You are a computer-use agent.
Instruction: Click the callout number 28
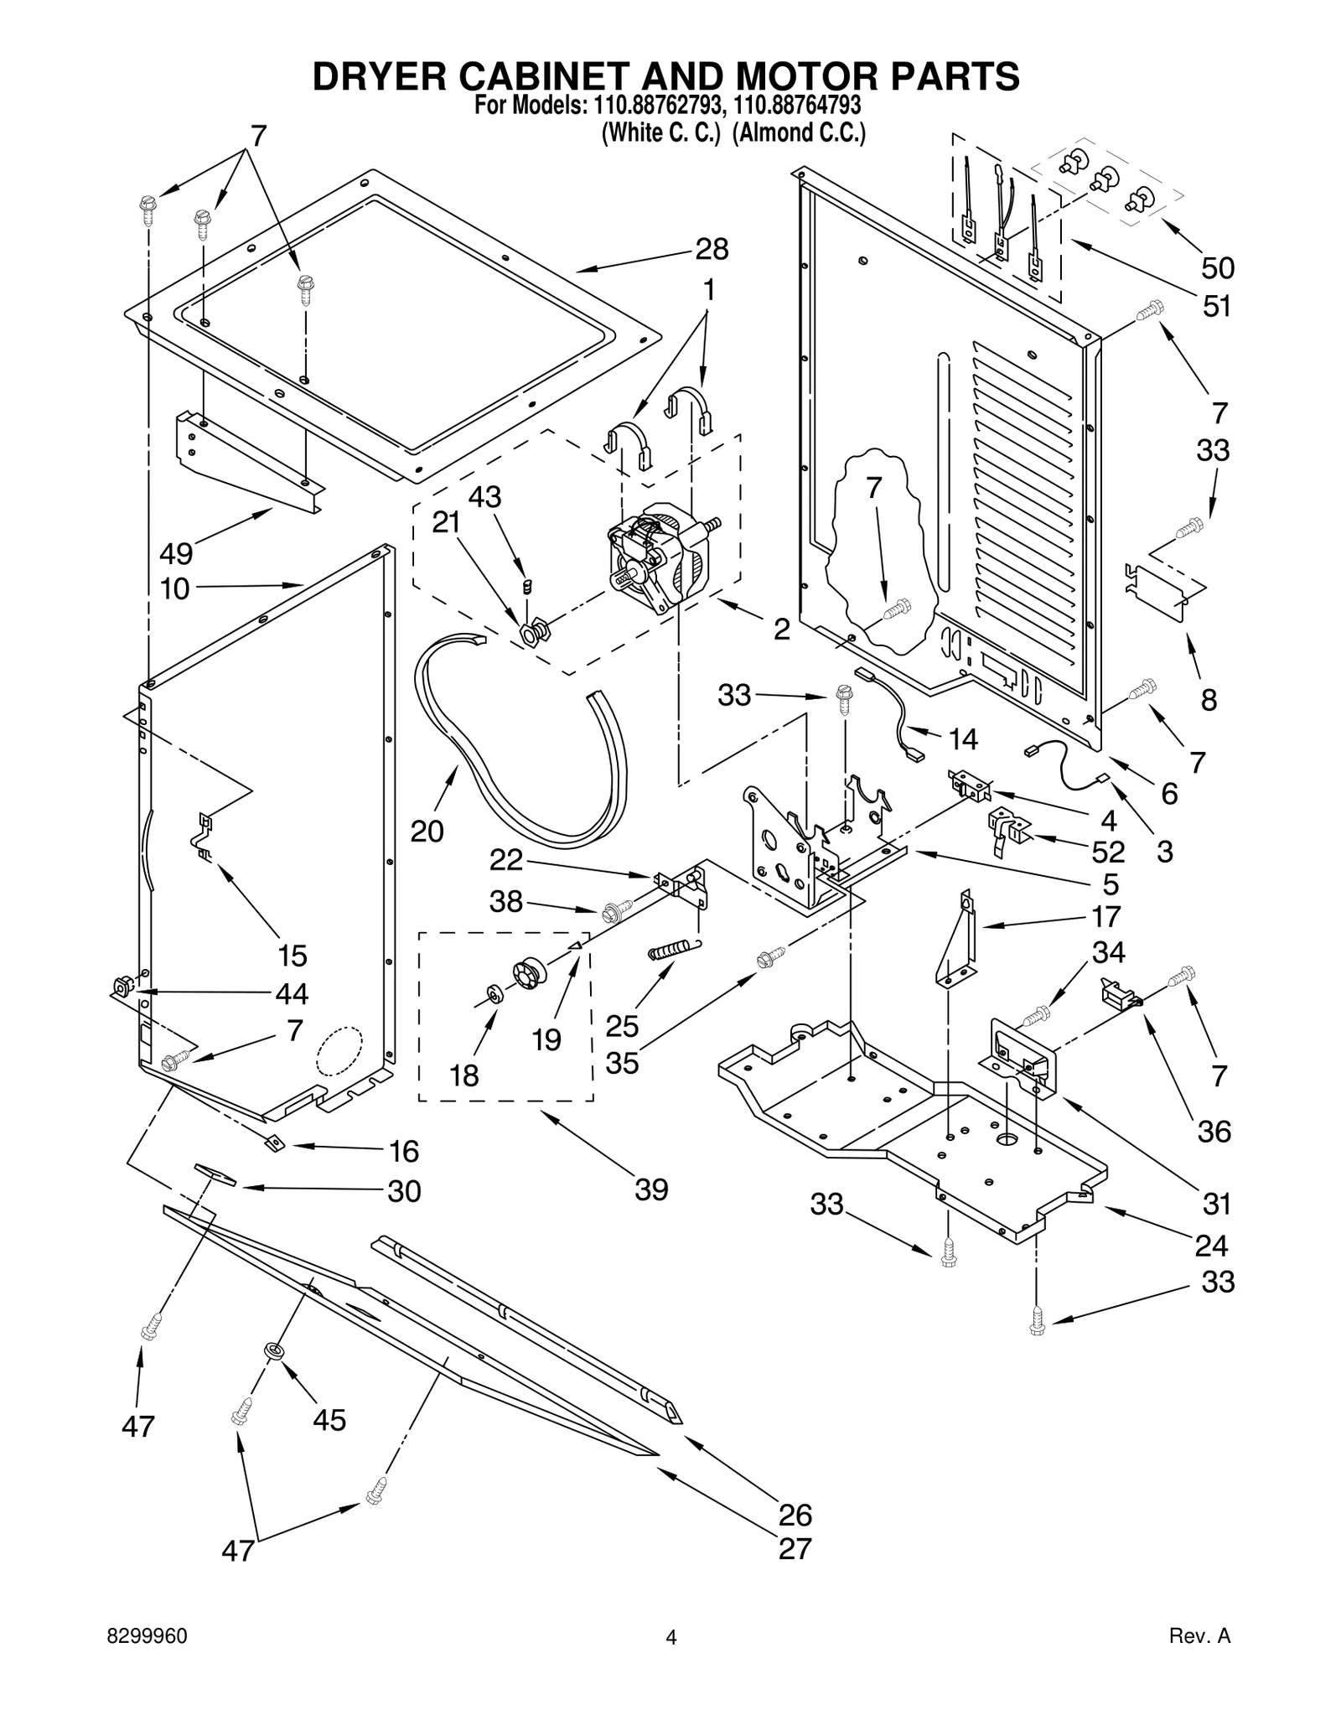[712, 249]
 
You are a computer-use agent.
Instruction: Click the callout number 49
[176, 553]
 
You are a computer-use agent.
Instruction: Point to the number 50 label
[1217, 268]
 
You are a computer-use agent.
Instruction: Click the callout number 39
[651, 1189]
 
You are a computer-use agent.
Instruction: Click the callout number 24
[1211, 1246]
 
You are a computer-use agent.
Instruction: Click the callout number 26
[795, 1515]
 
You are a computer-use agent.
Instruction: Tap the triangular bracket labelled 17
[960, 943]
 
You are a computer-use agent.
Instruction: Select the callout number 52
[1107, 852]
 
